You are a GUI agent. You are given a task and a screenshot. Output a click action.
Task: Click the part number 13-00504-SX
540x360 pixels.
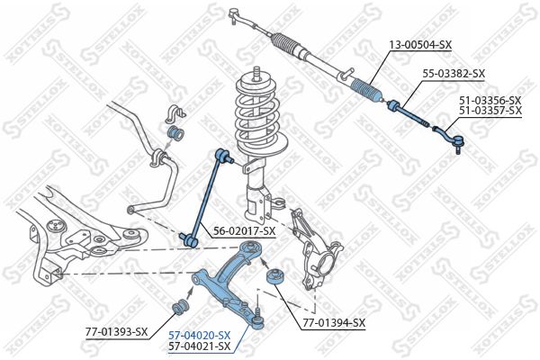point(420,43)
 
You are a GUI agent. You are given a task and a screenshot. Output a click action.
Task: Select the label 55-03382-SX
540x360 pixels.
point(454,74)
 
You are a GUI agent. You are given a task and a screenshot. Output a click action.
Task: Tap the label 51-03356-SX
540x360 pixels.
point(490,99)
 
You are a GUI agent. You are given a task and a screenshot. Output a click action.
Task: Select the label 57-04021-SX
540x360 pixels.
point(200,346)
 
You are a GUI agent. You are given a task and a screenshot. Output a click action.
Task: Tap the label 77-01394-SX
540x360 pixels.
point(334,322)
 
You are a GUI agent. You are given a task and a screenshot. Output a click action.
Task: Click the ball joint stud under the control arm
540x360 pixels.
point(256,318)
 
